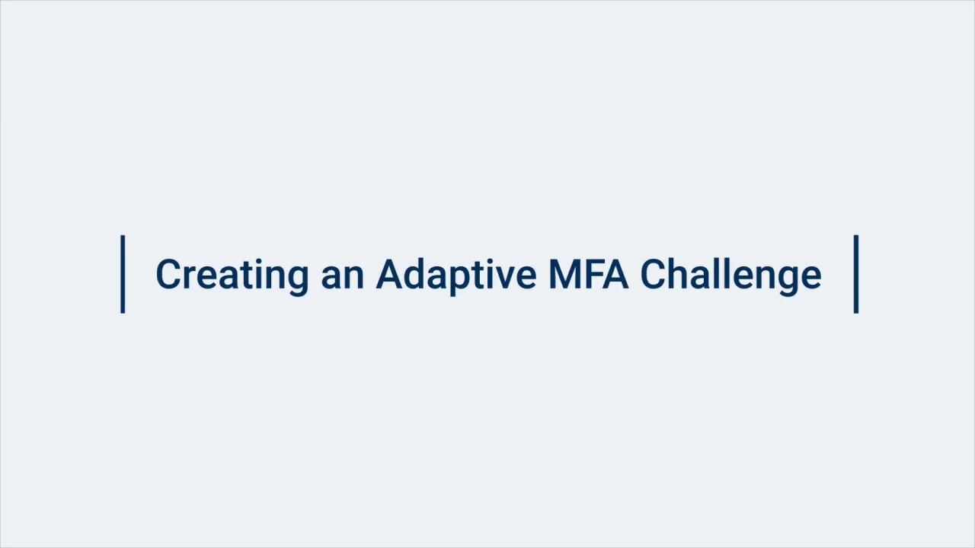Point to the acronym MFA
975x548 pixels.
click(589, 274)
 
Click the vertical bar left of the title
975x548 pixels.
click(123, 274)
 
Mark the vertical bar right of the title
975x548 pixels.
click(856, 274)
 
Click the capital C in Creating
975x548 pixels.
click(168, 274)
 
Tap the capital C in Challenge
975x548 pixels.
click(653, 274)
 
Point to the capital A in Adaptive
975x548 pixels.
click(389, 274)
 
